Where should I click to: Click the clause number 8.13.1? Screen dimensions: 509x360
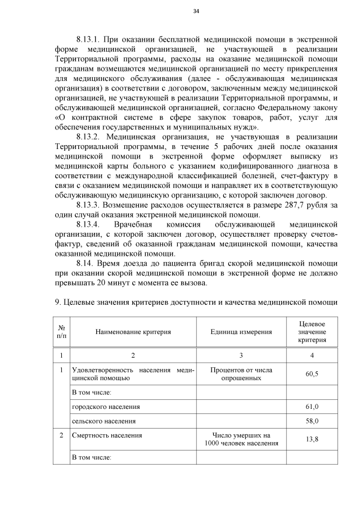88,39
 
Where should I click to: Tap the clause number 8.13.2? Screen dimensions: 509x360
88,137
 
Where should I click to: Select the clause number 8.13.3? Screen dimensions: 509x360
88,204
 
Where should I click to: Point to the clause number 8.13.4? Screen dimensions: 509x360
88,224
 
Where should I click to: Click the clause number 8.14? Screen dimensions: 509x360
85,263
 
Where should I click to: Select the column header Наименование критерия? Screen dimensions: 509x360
133,332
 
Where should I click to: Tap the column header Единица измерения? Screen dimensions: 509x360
241,332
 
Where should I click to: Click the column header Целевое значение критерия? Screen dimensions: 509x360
312,332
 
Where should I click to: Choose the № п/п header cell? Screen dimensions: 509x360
61,332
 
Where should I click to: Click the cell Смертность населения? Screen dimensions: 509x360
107,435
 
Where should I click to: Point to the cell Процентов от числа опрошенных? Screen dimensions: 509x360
241,374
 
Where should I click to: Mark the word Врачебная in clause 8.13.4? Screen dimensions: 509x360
134,224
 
